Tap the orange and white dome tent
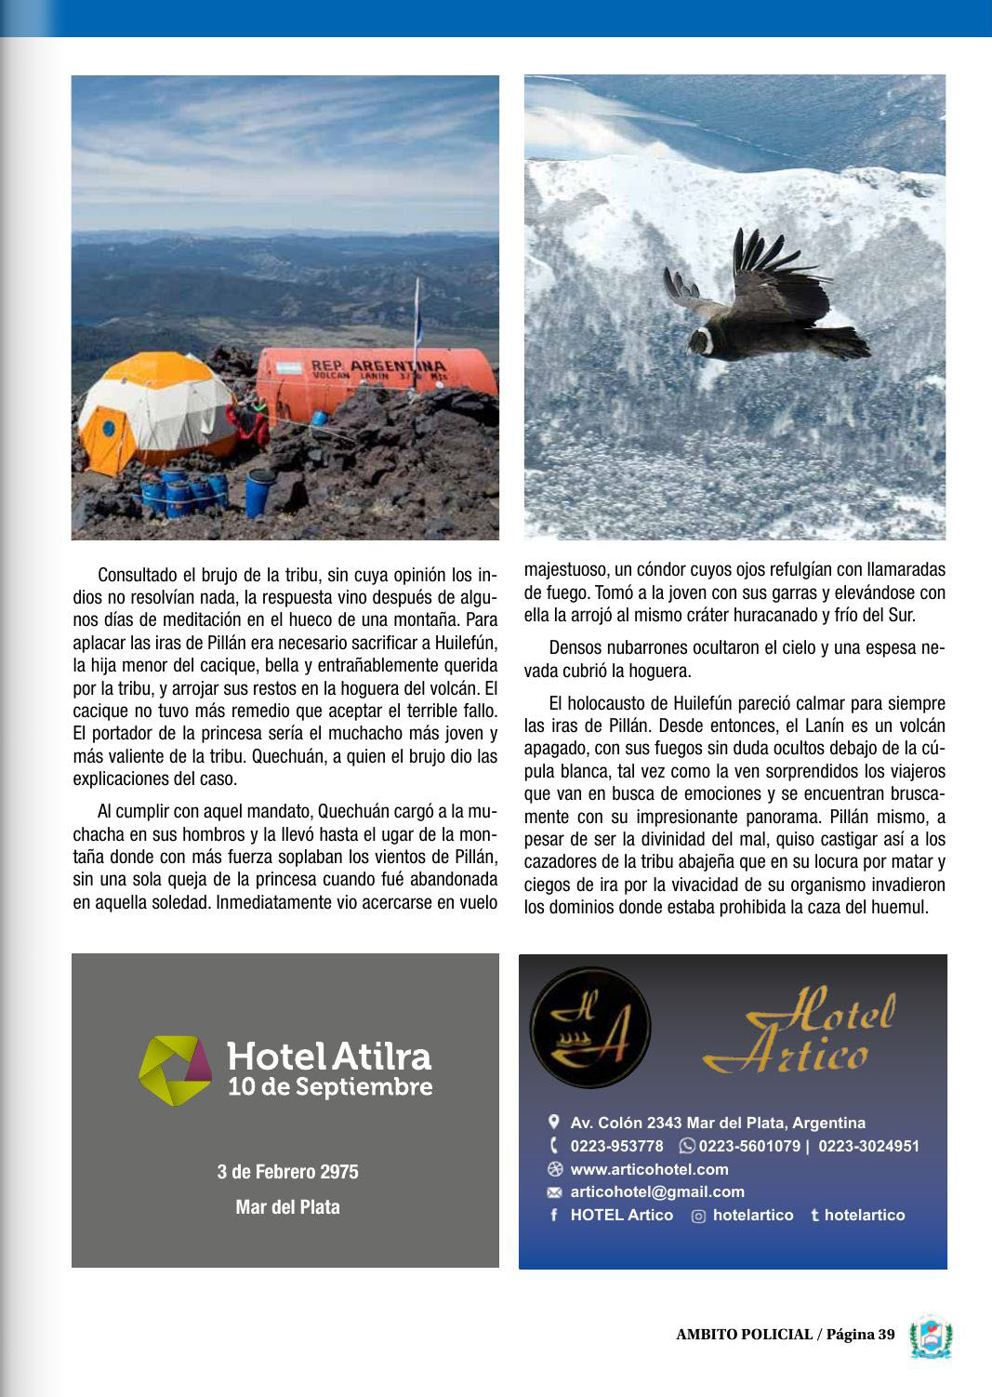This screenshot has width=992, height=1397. click(x=153, y=409)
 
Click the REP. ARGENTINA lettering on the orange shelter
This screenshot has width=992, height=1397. click(x=377, y=366)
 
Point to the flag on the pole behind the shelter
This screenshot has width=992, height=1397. click(x=417, y=316)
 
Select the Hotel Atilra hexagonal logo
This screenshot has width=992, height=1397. click(x=175, y=1070)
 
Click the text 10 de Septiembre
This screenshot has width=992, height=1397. click(x=330, y=1087)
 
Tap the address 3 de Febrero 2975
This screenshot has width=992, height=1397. click(x=287, y=1172)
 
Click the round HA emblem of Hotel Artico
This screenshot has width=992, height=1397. click(x=590, y=1028)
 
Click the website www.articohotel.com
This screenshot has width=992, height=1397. click(x=649, y=1169)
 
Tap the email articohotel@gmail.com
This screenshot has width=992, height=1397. click(x=656, y=1191)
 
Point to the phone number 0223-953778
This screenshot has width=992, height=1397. click(x=616, y=1146)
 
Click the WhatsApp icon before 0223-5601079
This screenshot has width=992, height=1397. click(x=687, y=1146)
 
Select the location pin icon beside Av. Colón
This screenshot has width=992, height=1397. click(x=554, y=1122)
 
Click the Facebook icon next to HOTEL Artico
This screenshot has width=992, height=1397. click(x=554, y=1215)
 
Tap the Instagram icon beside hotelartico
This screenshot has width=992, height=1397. click(x=698, y=1216)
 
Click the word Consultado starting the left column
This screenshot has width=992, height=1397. click(x=137, y=575)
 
